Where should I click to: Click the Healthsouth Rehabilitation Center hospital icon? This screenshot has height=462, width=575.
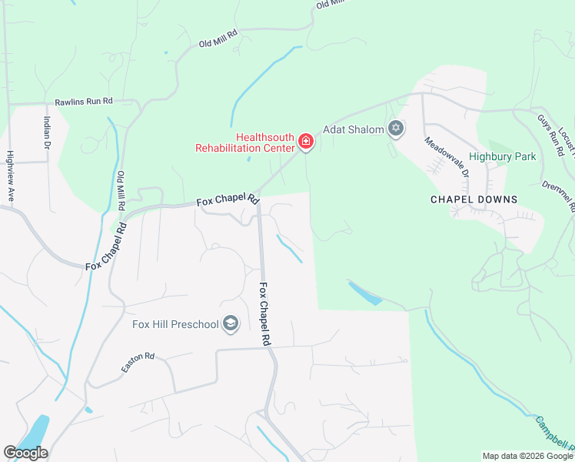click(306, 141)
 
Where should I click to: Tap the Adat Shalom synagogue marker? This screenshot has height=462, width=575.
click(396, 129)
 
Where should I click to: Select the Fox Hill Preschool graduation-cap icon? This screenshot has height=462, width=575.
click(230, 324)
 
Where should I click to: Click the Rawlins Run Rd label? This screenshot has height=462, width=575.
click(84, 102)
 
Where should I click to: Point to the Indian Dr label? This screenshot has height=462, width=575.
click(47, 132)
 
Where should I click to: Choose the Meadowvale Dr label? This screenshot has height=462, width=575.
click(447, 156)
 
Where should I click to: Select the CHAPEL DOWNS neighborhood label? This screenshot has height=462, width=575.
click(473, 199)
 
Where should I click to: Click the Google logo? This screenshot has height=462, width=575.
click(25, 453)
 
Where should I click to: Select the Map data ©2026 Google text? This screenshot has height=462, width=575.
click(527, 456)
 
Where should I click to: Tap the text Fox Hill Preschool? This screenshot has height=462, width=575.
click(174, 324)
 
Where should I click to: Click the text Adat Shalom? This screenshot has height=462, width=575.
click(353, 129)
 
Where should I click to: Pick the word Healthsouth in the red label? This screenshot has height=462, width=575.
click(267, 136)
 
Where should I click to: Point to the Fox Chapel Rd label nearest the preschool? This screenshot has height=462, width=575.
click(266, 314)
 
